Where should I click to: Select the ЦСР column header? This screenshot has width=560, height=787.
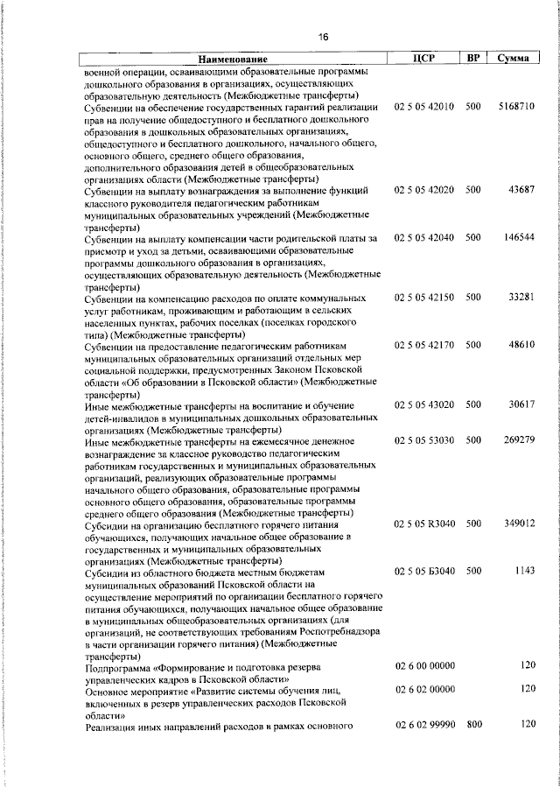423,58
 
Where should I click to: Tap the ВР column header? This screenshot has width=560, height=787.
472,58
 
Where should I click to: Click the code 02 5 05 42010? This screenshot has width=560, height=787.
424,107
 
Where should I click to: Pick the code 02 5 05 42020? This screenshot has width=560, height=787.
424,190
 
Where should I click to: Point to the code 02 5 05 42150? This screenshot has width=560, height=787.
424,299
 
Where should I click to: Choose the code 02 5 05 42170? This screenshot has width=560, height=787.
424,345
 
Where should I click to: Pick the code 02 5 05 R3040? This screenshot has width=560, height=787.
424,523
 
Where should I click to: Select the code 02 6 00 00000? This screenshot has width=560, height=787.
424,666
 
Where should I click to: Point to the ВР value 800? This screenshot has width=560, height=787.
473,725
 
